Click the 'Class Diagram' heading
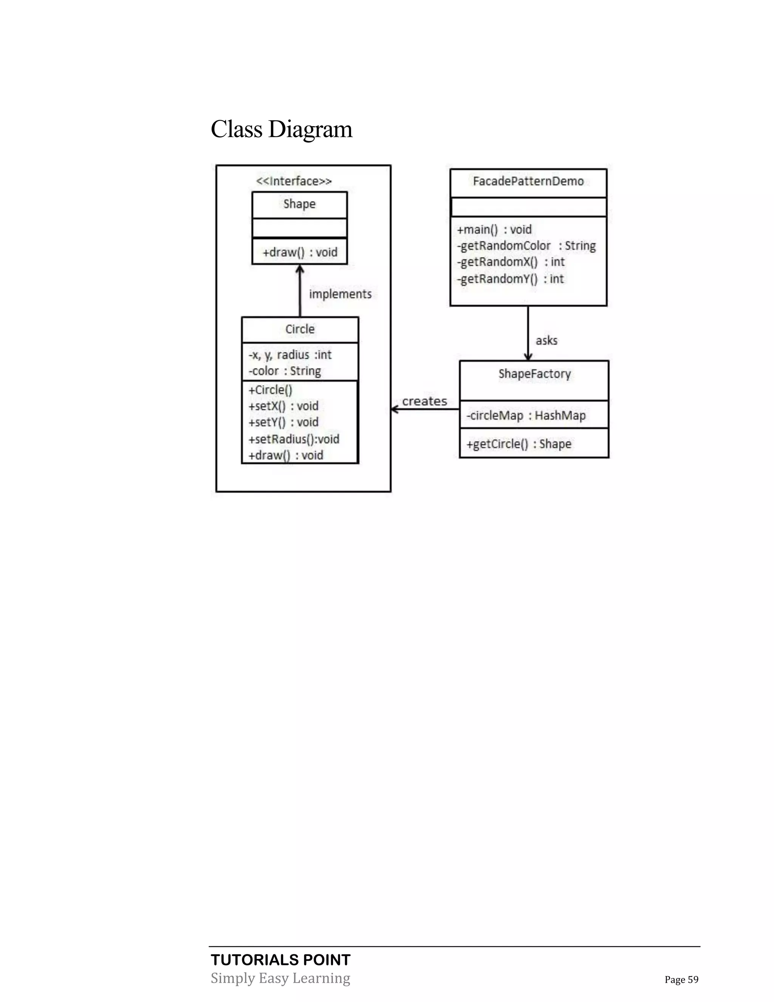point(281,129)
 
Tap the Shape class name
point(299,204)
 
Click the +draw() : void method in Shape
point(299,252)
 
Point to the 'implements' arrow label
point(340,294)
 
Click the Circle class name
point(300,329)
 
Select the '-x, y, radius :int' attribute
point(290,355)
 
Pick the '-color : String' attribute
point(284,371)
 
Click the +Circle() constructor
point(270,390)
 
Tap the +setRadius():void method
point(293,439)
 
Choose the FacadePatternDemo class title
point(528,181)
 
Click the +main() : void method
point(494,230)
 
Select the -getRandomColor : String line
point(526,246)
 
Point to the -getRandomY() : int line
point(510,279)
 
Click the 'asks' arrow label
point(546,340)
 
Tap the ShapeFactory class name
point(535,374)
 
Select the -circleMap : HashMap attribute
point(526,416)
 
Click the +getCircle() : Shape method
point(519,444)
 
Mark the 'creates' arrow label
point(424,402)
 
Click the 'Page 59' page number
point(681,980)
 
